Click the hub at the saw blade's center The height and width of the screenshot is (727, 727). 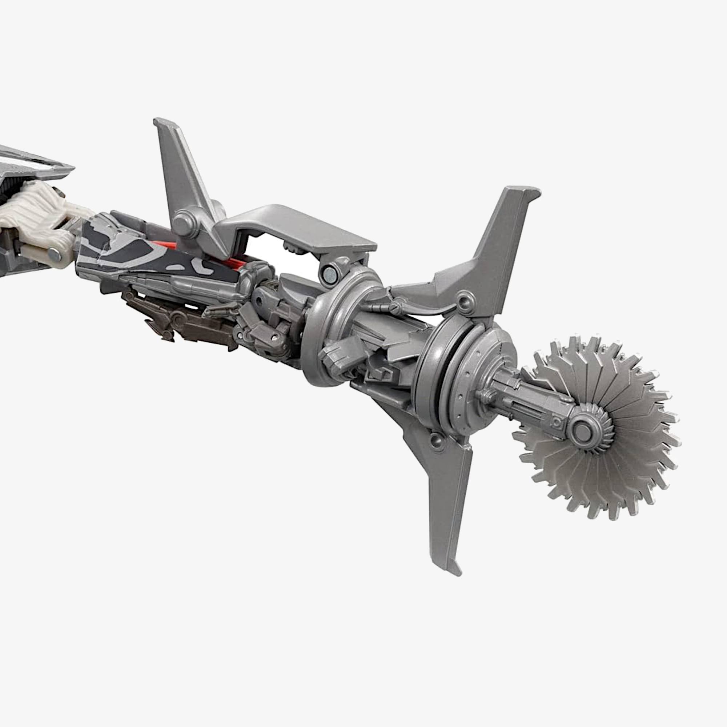(x=582, y=430)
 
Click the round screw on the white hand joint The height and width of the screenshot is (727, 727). (x=55, y=255)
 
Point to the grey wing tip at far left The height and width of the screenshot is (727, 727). (x=56, y=165)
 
